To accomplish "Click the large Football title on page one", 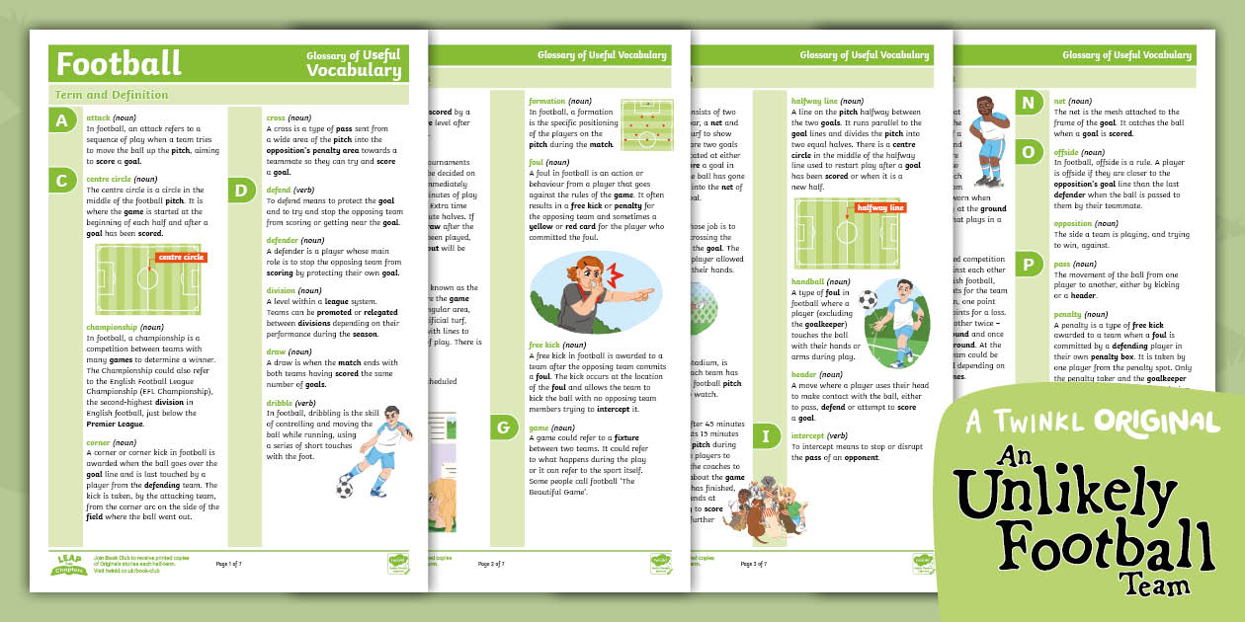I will click(x=119, y=63).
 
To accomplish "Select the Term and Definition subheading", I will click(x=111, y=95).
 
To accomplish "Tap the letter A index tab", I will click(x=62, y=121).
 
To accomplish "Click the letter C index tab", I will click(x=62, y=180).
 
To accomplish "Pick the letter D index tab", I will click(x=242, y=190).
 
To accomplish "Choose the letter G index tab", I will click(x=504, y=427).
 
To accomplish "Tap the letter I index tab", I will click(x=767, y=435).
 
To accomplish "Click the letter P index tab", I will click(x=1029, y=265).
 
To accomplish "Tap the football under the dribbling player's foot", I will click(x=344, y=489).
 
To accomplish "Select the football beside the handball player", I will click(x=868, y=298).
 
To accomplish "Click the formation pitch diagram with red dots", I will click(x=647, y=124).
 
